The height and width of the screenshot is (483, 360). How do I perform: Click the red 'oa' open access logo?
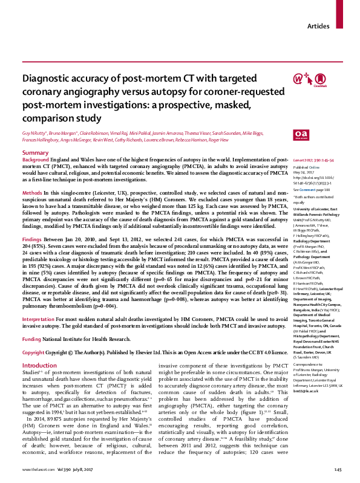pyautogui.click(x=301, y=134)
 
